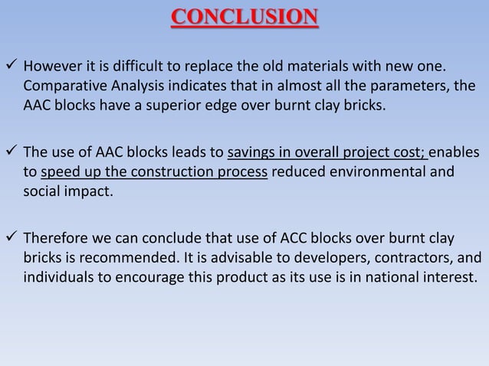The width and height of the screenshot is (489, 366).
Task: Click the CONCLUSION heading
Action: (x=244, y=17)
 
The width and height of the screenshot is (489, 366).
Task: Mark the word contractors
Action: (x=412, y=257)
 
